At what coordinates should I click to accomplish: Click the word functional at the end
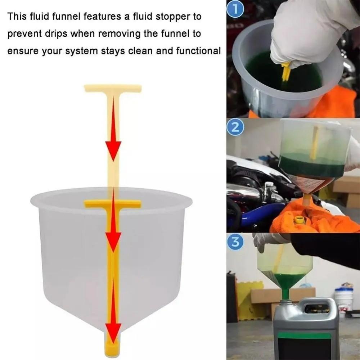[x=198, y=51]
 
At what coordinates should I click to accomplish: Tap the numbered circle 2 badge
[x=235, y=128]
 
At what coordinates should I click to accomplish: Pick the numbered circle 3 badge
[x=235, y=242]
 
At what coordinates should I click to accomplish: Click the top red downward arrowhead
[x=113, y=150]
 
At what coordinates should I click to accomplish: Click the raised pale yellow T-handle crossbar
[x=113, y=88]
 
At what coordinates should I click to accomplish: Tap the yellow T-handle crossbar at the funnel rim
[x=113, y=204]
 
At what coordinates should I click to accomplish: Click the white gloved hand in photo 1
[x=306, y=32]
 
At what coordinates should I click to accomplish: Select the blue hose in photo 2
[x=252, y=214]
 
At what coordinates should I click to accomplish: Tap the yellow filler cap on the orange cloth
[x=299, y=220]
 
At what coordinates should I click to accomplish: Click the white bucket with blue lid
[x=343, y=299]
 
